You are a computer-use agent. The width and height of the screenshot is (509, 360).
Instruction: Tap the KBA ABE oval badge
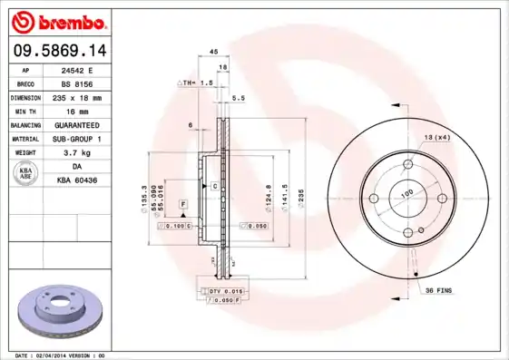tap(27, 174)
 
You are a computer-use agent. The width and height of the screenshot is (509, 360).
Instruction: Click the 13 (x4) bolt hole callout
tap(436, 137)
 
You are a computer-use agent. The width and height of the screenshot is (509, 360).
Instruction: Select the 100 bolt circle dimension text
tap(406, 193)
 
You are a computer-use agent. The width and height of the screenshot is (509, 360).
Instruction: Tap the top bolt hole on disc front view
tap(407, 164)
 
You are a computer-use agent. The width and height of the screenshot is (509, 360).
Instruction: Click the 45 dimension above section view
tap(213, 52)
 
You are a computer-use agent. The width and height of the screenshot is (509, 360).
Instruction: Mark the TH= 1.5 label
tap(197, 83)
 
